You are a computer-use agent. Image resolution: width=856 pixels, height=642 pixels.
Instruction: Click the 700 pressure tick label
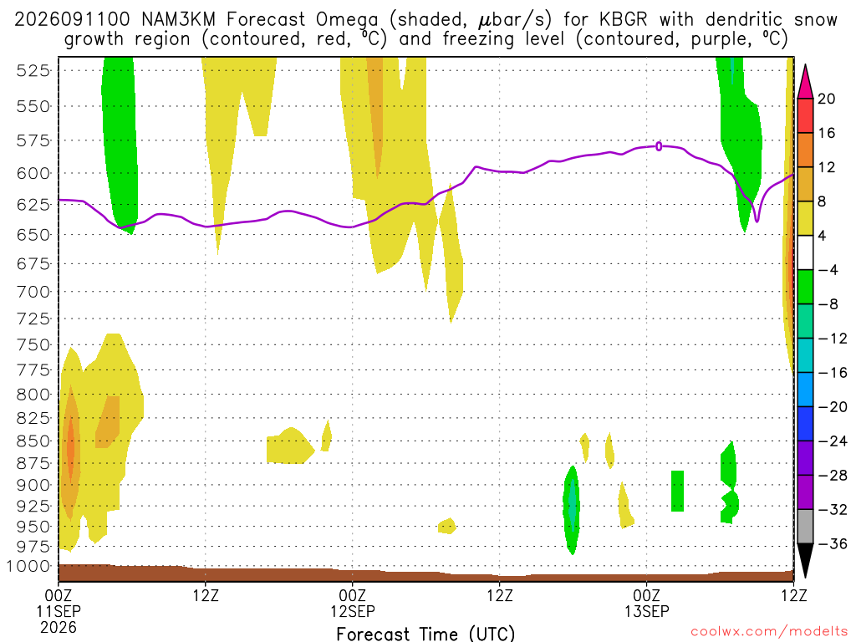tap(33, 292)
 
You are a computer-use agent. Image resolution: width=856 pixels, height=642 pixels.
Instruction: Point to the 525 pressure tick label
tap(33, 70)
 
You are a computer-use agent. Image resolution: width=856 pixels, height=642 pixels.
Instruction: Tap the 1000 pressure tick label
tap(28, 566)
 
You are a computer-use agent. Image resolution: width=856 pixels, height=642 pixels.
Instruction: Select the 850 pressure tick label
tap(33, 441)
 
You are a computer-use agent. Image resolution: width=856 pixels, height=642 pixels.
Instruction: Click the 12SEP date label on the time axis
tap(353, 611)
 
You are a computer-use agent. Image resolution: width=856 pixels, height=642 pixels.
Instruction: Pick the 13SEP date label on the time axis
tap(647, 611)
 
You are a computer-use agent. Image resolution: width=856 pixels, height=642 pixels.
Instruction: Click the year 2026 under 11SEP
tap(59, 627)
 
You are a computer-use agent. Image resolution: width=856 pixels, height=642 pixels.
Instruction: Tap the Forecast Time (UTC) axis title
tap(425, 634)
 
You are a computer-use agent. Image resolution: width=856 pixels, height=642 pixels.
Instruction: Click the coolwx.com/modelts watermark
tap(769, 632)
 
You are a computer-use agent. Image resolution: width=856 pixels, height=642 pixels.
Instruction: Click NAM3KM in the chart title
tap(179, 20)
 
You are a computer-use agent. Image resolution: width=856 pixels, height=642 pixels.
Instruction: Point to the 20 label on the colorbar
tap(826, 99)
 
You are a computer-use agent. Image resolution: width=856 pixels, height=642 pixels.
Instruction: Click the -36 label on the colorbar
tap(832, 543)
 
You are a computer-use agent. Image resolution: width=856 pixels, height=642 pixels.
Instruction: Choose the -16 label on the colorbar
tap(832, 372)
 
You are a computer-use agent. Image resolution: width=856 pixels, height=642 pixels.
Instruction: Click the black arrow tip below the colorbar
tap(805, 577)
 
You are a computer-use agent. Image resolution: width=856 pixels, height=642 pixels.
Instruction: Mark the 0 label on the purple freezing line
tap(659, 146)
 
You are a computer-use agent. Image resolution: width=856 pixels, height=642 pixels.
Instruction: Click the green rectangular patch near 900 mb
tap(677, 491)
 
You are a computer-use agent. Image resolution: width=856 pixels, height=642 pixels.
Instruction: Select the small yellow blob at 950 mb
tap(447, 527)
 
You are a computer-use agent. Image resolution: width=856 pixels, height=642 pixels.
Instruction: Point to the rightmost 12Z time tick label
tap(793, 594)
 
